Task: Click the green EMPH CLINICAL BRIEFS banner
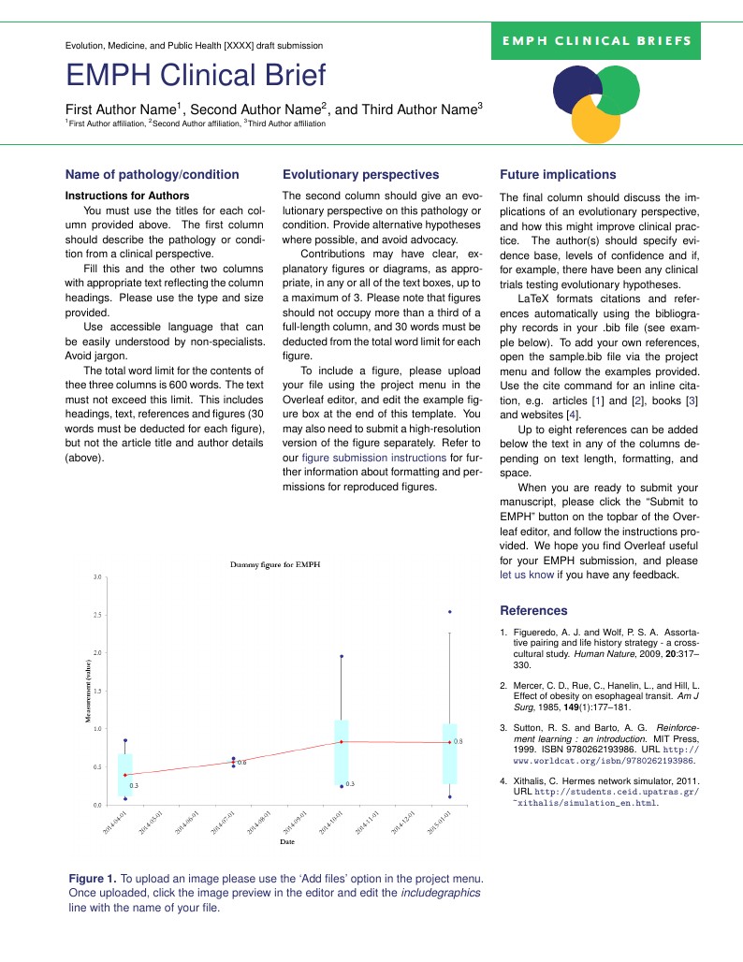[596, 41]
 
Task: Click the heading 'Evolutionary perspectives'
[360, 174]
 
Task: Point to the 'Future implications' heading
[558, 174]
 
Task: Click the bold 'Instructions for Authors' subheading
[127, 196]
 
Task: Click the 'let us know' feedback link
[527, 576]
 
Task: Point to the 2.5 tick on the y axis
[95, 615]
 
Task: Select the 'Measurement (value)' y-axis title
[87, 691]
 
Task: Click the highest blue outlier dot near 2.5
[450, 612]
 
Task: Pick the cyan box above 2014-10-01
[342, 751]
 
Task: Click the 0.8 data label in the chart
[458, 741]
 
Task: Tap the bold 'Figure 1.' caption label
[93, 879]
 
